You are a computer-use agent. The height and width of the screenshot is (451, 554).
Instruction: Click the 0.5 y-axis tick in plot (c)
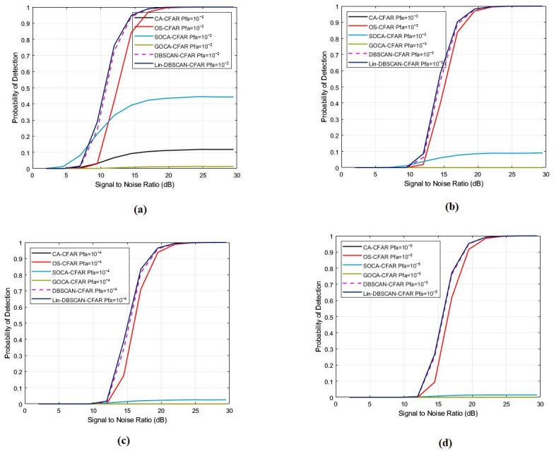pyautogui.click(x=17, y=323)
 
